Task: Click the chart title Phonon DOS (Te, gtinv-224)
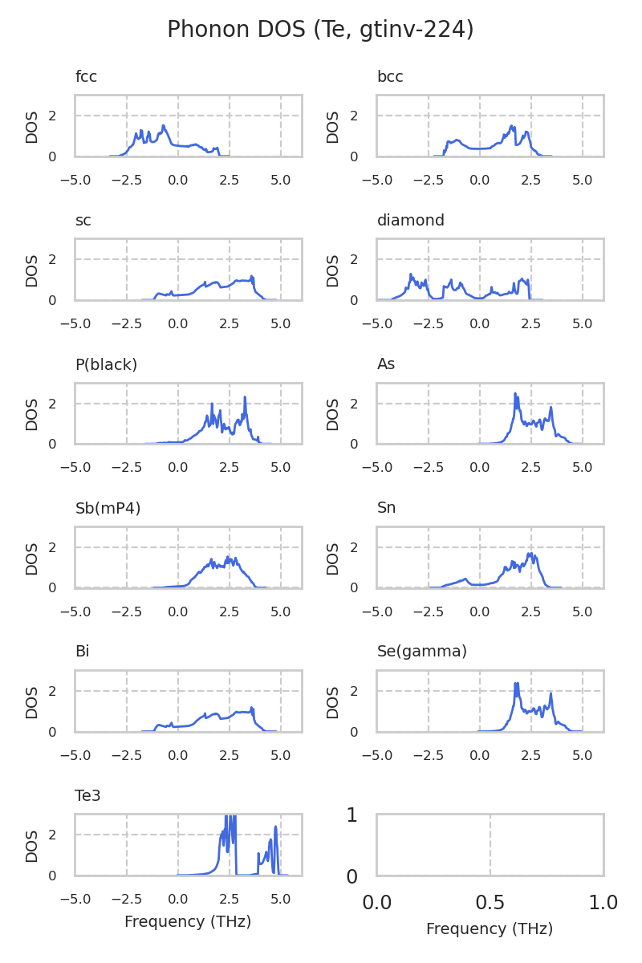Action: (320, 30)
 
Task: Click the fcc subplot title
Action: (86, 77)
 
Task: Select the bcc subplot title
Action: (390, 77)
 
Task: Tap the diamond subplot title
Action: (410, 221)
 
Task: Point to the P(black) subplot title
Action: (106, 364)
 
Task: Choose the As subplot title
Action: (386, 364)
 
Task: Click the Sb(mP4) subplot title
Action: (108, 508)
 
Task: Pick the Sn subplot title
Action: (386, 508)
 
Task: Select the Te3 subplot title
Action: (87, 795)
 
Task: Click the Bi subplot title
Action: (82, 652)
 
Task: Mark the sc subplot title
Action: (83, 221)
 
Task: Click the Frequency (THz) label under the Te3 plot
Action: (188, 922)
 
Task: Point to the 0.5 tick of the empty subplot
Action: (490, 903)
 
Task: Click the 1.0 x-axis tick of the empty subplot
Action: (603, 903)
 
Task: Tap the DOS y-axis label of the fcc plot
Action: (32, 126)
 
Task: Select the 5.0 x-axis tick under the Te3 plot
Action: (281, 891)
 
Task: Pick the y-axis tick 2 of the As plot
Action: (354, 404)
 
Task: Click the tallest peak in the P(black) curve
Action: (245, 398)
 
